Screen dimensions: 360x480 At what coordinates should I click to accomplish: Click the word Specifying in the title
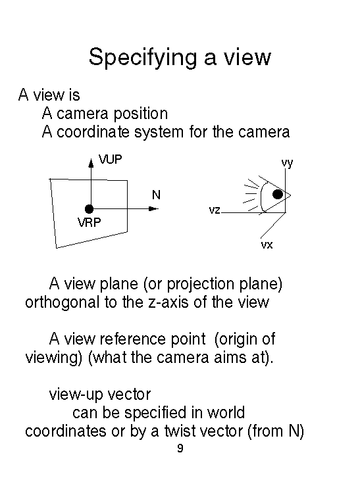coord(142,58)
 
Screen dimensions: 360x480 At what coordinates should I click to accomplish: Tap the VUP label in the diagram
coord(111,159)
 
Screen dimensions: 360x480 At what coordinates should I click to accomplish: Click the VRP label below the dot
coord(89,222)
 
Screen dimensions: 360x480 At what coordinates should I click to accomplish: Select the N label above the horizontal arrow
coord(156,195)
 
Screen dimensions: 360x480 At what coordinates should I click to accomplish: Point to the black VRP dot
coord(89,209)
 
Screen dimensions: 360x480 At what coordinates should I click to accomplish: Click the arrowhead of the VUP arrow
coord(91,163)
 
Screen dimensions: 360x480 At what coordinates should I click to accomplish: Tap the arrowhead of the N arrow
coord(153,209)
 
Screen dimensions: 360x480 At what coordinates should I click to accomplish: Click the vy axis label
coord(288,163)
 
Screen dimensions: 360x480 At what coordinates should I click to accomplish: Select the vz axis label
coord(215,210)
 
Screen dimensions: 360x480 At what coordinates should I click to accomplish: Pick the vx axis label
coord(267,245)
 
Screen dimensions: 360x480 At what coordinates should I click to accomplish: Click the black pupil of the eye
coord(278,195)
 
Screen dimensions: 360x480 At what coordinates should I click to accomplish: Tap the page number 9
coord(180,448)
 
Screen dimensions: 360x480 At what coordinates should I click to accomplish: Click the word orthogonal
coord(63,302)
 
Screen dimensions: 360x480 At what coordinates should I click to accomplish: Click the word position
coord(141,114)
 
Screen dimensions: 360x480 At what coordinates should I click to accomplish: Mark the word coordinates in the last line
coord(66,431)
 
